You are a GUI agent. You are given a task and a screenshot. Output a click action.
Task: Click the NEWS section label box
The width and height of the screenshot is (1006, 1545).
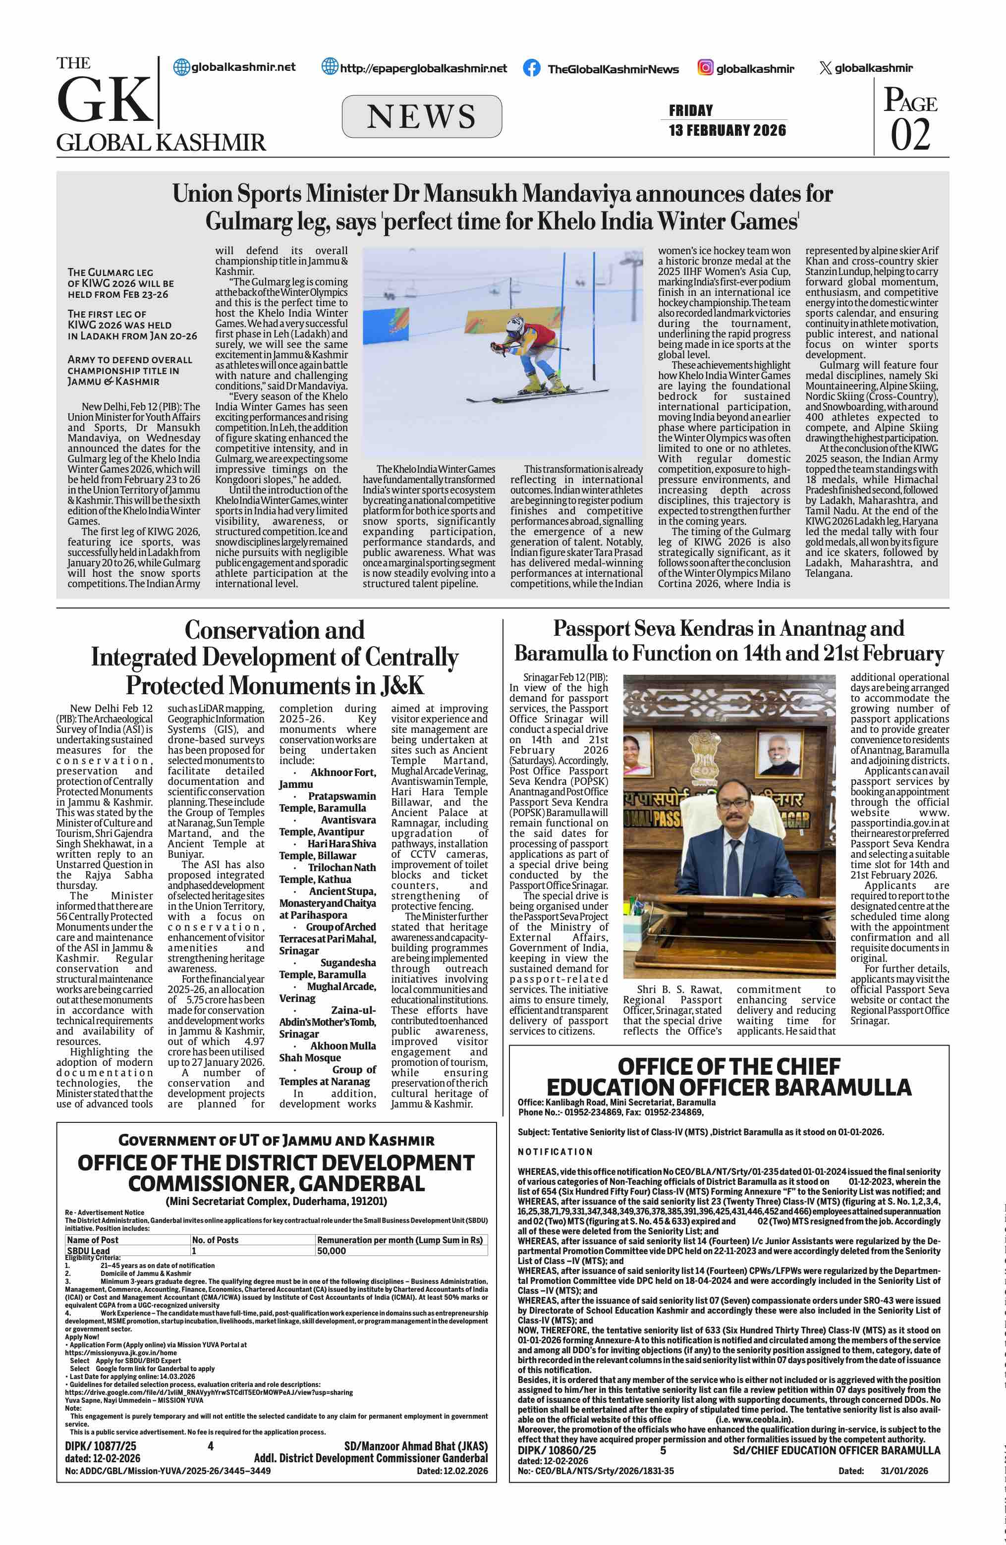pos(421,117)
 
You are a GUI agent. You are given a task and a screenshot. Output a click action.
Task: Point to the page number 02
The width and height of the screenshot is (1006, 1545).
pos(910,135)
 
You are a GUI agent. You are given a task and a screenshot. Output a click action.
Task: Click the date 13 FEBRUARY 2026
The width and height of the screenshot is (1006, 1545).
pos(727,130)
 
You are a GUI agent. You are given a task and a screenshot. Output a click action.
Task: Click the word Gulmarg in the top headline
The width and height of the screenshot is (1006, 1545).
pos(248,222)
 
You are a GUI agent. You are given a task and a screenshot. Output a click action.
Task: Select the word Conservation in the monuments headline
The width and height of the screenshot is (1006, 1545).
pos(274,630)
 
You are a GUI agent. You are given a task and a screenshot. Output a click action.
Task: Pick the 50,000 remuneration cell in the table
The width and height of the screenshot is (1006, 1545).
pos(331,1250)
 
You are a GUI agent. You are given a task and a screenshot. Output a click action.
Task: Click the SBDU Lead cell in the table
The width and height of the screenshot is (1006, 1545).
pos(88,1250)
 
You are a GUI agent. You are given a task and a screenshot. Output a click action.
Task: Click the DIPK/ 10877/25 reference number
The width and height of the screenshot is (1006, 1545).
pos(101,1446)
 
